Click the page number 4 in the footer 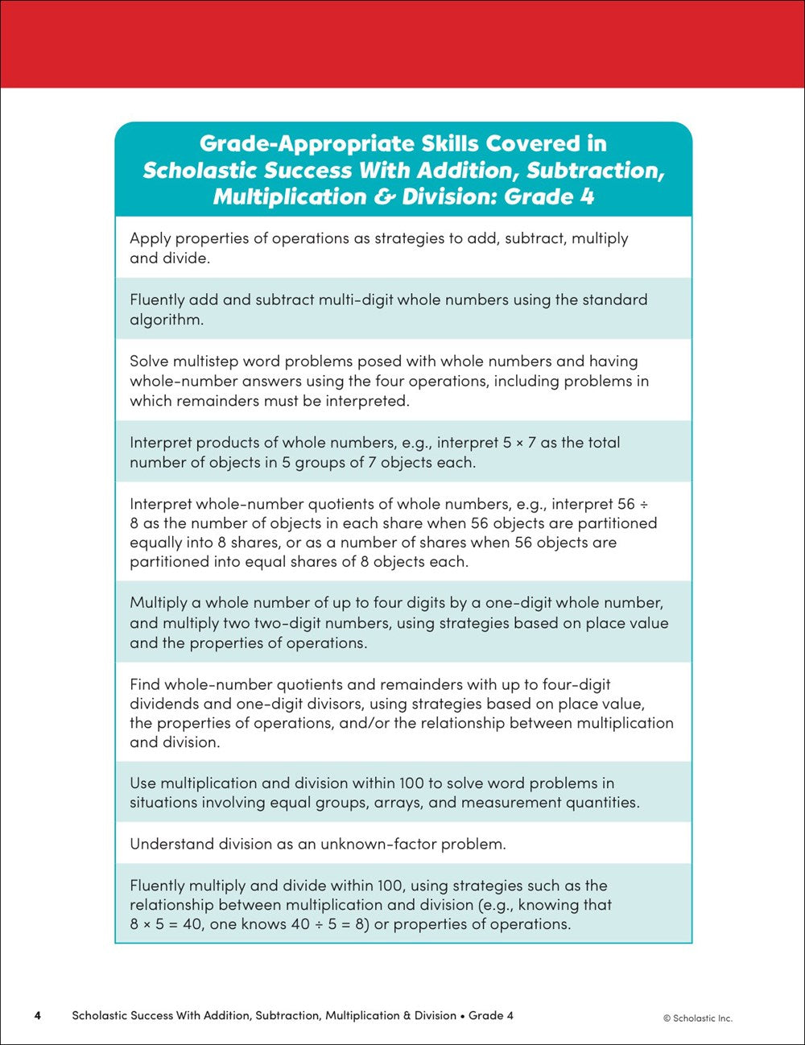pos(37,1015)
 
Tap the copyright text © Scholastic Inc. pos(698,1018)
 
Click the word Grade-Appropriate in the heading pos(306,144)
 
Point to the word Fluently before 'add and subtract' pos(157,299)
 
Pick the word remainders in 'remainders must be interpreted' pos(212,400)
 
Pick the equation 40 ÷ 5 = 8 pos(336,924)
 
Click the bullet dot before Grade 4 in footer pos(462,1016)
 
